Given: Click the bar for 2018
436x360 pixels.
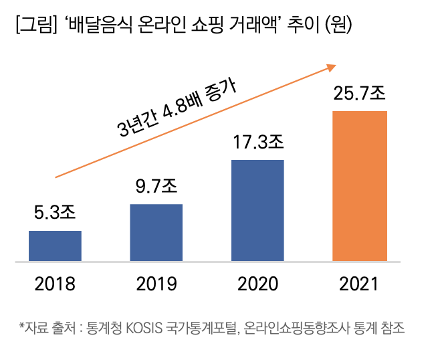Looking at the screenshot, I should tap(55, 246).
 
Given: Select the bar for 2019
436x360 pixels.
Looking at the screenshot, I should tap(156, 232).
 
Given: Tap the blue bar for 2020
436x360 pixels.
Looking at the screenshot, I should tap(257, 210).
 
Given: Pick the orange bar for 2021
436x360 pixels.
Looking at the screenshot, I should tap(359, 185).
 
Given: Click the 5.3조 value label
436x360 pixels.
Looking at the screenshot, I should tap(55, 213).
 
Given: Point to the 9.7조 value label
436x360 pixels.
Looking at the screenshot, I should tap(156, 186).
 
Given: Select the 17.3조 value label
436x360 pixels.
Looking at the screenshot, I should tap(258, 142).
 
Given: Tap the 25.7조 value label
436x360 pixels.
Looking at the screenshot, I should tap(360, 94).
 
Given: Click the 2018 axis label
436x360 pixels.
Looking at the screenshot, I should tap(55, 284).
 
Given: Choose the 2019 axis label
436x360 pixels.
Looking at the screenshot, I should tap(156, 284).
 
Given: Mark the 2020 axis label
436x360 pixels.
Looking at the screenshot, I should tap(258, 284).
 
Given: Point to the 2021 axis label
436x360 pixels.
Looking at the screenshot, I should tap(359, 284).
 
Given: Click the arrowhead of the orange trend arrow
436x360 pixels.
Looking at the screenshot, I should tap(330, 66).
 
